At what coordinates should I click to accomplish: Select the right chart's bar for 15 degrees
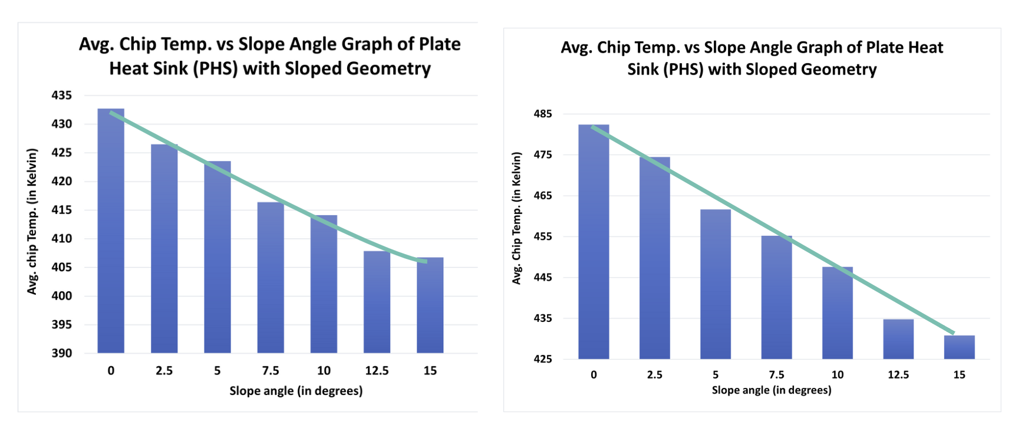tap(959, 347)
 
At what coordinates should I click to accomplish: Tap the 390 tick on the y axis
tap(62, 353)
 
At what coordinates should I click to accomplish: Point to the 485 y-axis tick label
tap(543, 114)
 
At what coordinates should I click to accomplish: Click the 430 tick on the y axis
tap(62, 124)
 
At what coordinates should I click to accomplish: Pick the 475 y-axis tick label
tap(543, 154)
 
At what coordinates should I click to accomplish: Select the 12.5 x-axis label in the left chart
tap(377, 371)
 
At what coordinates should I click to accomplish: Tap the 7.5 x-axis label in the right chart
tap(776, 374)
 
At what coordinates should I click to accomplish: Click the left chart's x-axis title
tap(296, 391)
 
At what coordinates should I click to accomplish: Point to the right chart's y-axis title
tap(517, 218)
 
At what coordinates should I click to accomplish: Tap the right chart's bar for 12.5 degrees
tap(898, 339)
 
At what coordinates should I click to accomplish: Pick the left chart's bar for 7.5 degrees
tap(271, 278)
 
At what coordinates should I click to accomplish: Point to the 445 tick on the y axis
tap(543, 277)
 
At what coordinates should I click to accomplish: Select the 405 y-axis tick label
tap(62, 267)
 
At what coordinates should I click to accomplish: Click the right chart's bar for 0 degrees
tap(594, 242)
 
